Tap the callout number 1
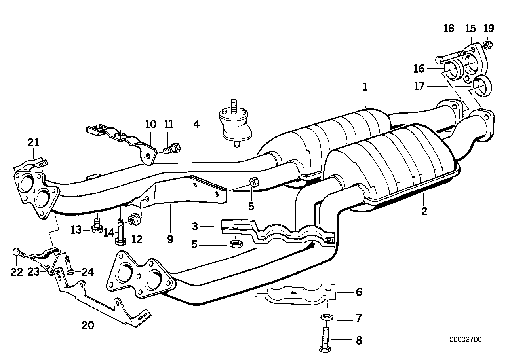coord(365,87)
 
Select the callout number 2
coord(424,211)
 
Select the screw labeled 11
coord(173,149)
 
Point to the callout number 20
coord(88,325)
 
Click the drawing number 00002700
coord(465,339)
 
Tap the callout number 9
coord(170,239)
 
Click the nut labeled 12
coord(134,218)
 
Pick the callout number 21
coord(34,143)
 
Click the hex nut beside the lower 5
coord(234,242)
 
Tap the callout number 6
coord(359,292)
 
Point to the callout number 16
coord(419,69)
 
